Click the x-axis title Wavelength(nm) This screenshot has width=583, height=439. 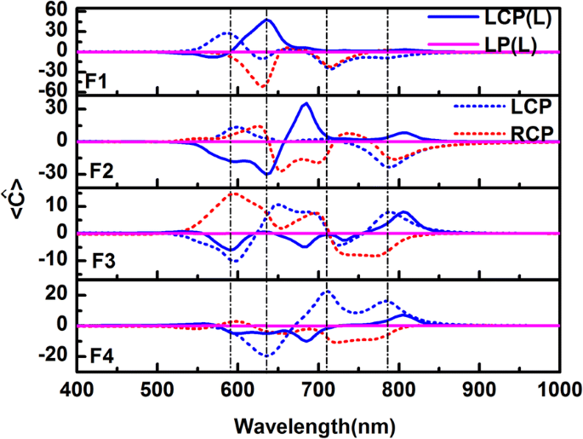pyautogui.click(x=318, y=422)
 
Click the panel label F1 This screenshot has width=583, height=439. pyautogui.click(x=95, y=84)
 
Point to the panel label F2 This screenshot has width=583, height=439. pyautogui.click(x=95, y=170)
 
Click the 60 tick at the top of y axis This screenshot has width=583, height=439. pyautogui.click(x=56, y=9)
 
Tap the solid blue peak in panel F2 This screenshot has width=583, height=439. pyautogui.click(x=306, y=103)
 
